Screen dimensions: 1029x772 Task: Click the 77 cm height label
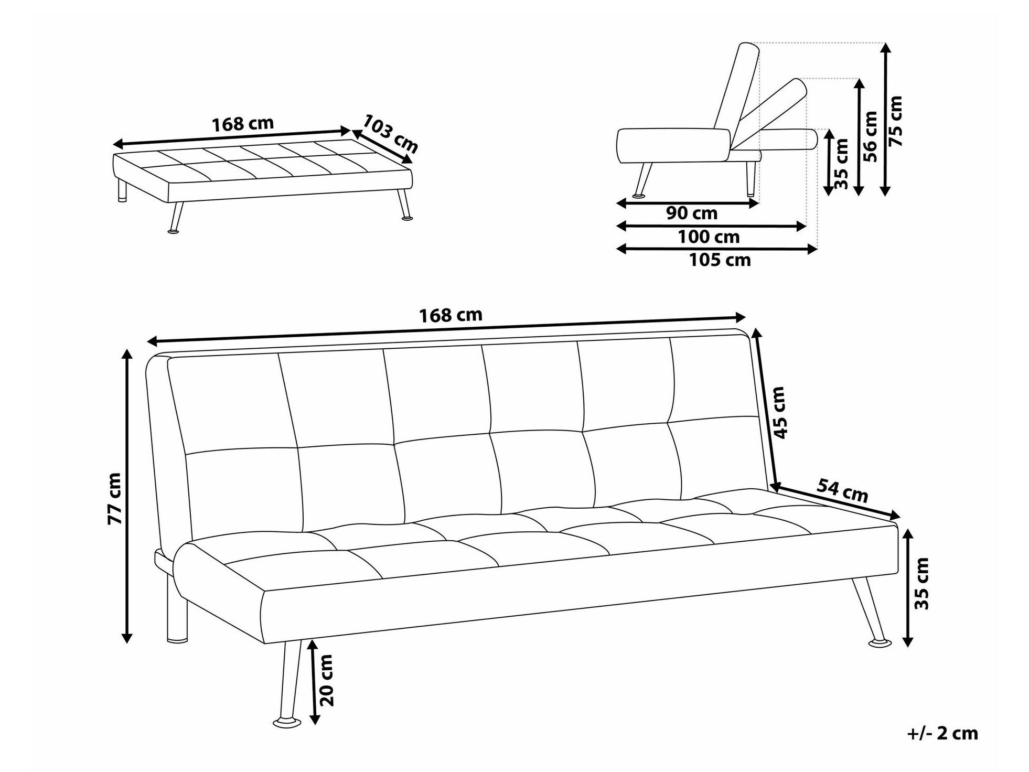pyautogui.click(x=114, y=498)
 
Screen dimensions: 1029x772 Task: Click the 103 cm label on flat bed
pyautogui.click(x=390, y=134)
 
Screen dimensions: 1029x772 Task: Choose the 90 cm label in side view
pyautogui.click(x=691, y=213)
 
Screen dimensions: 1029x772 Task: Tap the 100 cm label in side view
pyautogui.click(x=709, y=237)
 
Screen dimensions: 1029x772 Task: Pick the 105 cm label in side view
pyautogui.click(x=720, y=260)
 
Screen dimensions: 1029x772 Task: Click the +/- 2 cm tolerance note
pyautogui.click(x=942, y=733)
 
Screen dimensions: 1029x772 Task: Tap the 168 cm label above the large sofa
pyautogui.click(x=451, y=315)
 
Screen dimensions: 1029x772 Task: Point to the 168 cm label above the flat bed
pyautogui.click(x=242, y=124)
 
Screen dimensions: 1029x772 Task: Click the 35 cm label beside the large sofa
pyautogui.click(x=921, y=583)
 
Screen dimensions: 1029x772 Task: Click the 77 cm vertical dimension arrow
pyautogui.click(x=126, y=496)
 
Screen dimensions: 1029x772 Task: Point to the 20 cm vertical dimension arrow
pyautogui.click(x=314, y=681)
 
